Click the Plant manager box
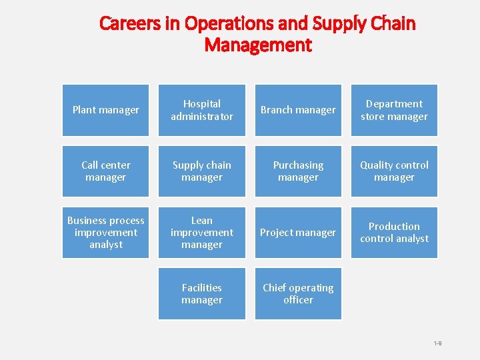pyautogui.click(x=105, y=110)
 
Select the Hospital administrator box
pyautogui.click(x=201, y=110)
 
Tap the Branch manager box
pyautogui.click(x=298, y=110)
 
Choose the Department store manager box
pyautogui.click(x=394, y=110)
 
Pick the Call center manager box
pyautogui.click(x=105, y=171)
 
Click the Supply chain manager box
pyautogui.click(x=201, y=171)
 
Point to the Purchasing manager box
pyautogui.click(x=298, y=171)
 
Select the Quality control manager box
pyautogui.click(x=394, y=171)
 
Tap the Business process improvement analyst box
pyautogui.click(x=105, y=233)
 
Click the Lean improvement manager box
pyautogui.click(x=201, y=233)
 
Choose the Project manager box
pyautogui.click(x=298, y=233)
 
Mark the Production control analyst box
pyautogui.click(x=394, y=233)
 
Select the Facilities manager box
pyautogui.click(x=201, y=294)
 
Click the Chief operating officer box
pyautogui.click(x=298, y=294)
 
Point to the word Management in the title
pyautogui.click(x=257, y=45)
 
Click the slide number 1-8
pyautogui.click(x=437, y=343)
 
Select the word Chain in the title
pyautogui.click(x=392, y=24)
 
